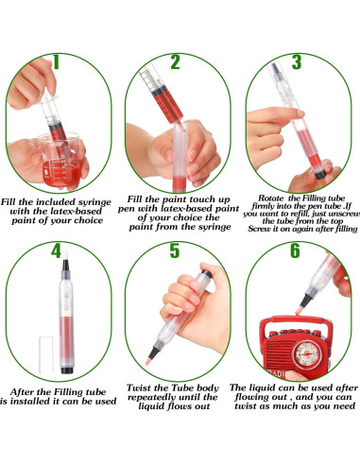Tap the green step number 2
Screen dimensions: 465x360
click(176, 62)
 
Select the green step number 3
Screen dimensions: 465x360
click(295, 62)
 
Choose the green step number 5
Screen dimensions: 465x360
click(176, 251)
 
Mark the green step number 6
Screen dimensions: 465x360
click(295, 251)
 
